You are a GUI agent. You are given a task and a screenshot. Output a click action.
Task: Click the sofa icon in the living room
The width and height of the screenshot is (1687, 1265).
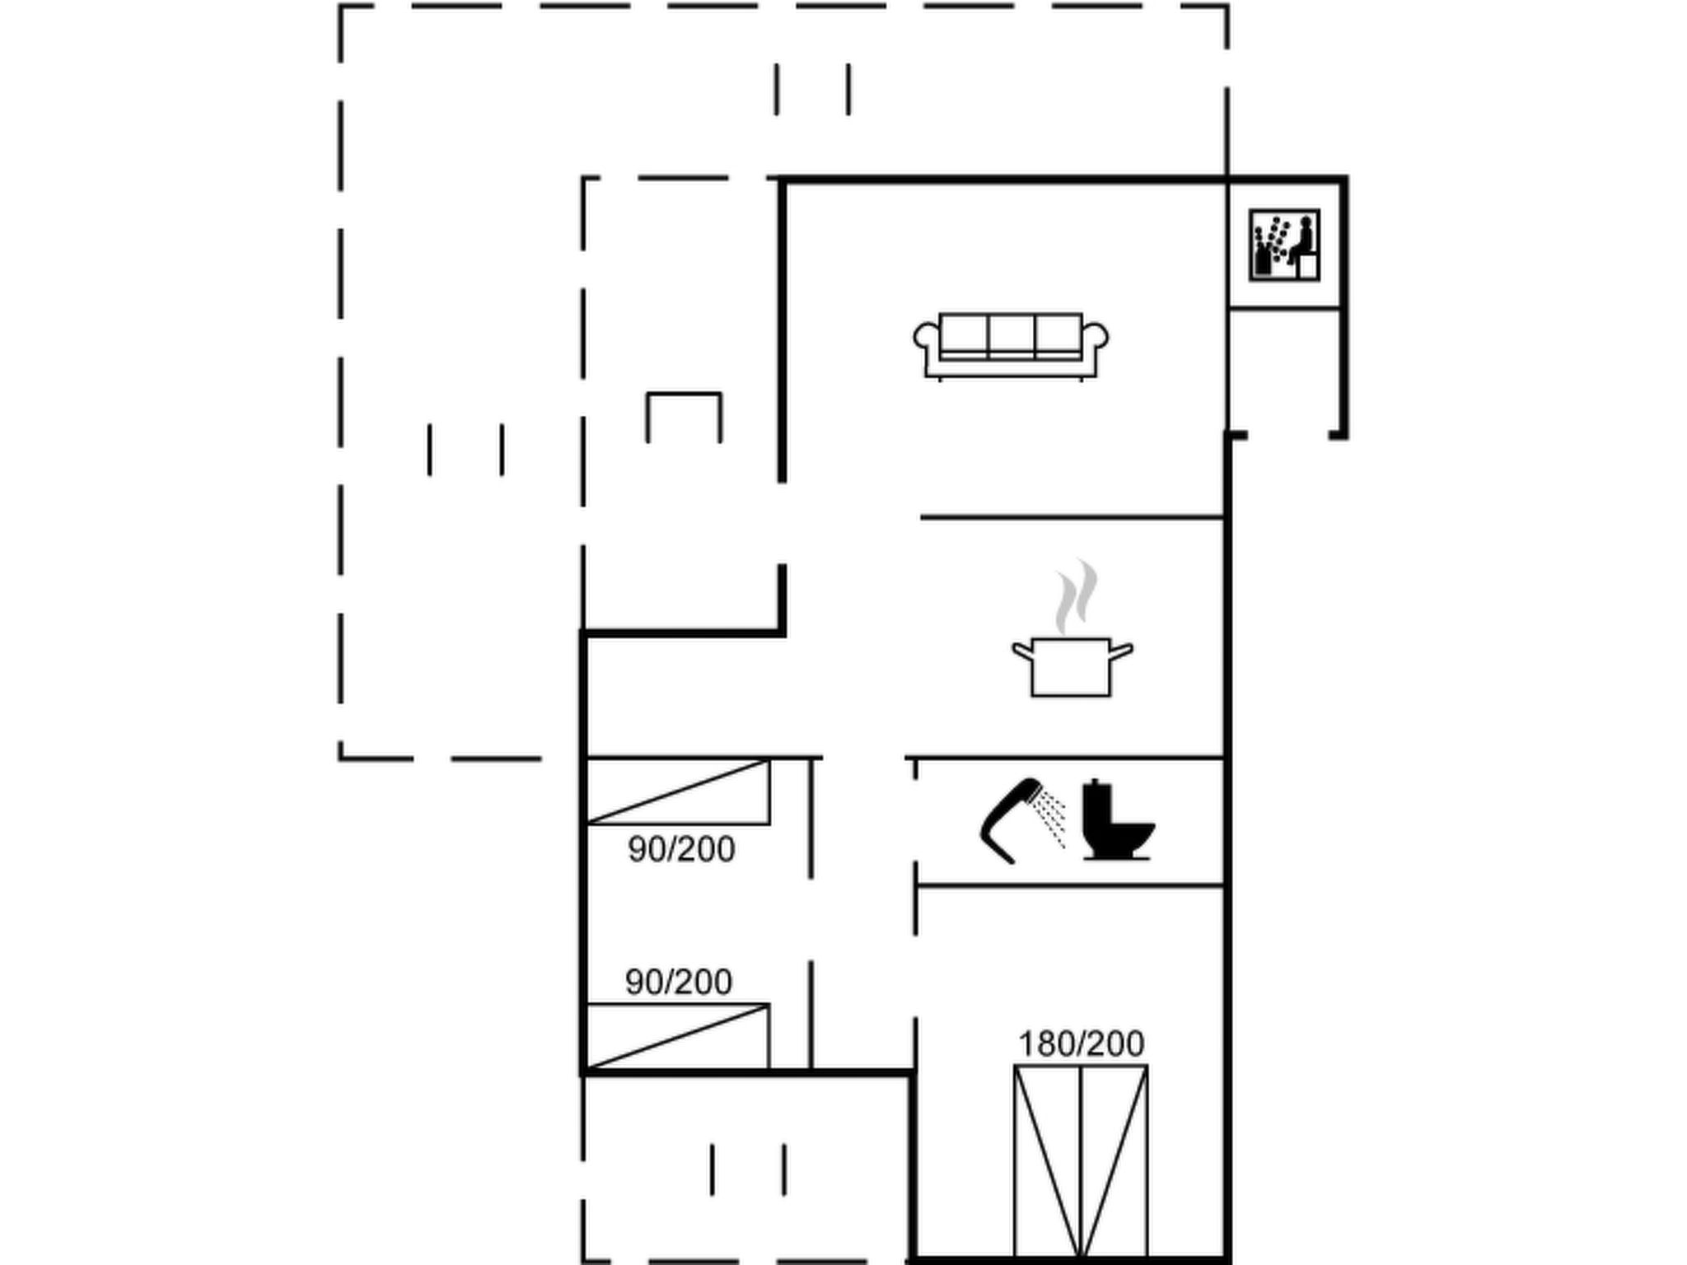pyautogui.click(x=1011, y=346)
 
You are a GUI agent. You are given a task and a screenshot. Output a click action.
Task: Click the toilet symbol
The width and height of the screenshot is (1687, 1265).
pyautogui.click(x=1117, y=819)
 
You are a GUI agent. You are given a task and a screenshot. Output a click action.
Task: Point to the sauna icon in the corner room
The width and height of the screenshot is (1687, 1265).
pyautogui.click(x=1284, y=245)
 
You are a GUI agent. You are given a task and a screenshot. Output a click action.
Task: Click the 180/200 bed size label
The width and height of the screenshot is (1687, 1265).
pyautogui.click(x=1081, y=1043)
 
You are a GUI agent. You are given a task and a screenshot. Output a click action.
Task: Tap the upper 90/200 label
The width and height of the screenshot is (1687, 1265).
pyautogui.click(x=681, y=849)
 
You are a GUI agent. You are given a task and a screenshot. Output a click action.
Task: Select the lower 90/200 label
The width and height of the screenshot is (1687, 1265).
pyautogui.click(x=679, y=982)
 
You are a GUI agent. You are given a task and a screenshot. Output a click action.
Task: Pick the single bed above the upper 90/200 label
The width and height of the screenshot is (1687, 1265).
pyautogui.click(x=678, y=791)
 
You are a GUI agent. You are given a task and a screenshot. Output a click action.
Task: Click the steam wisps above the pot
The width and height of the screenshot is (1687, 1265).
pyautogui.click(x=1077, y=595)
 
